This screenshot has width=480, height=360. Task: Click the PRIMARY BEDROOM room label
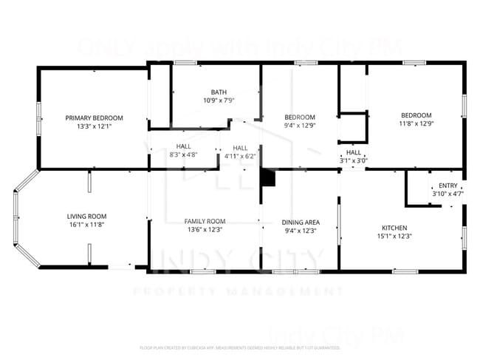coord(94,118)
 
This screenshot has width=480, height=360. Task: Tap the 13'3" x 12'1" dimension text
coord(94,126)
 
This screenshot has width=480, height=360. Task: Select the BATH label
coord(219,92)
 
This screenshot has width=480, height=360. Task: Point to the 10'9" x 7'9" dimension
coord(219,100)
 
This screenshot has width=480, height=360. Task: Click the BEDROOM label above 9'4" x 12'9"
coord(300,118)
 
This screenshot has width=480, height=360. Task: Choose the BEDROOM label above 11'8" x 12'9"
coord(416,115)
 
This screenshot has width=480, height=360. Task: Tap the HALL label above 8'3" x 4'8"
coord(183,146)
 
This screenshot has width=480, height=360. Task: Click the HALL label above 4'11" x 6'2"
coord(240,147)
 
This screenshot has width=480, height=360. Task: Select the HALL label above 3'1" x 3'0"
coord(354,152)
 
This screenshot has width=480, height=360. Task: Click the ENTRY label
coord(448,186)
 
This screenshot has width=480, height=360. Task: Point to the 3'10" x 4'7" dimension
coord(448,194)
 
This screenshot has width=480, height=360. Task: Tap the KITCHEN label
coord(394,228)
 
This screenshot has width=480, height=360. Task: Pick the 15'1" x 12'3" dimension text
coord(394,237)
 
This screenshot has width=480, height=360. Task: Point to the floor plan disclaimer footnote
coord(239,347)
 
